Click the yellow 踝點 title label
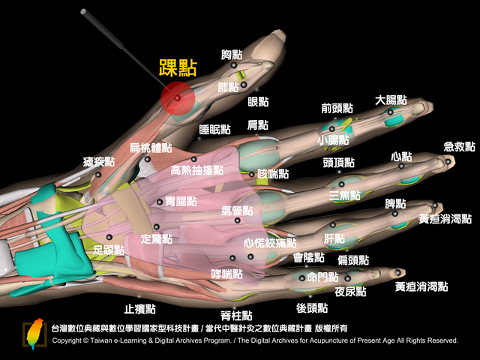point(178,68)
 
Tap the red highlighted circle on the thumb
point(178,98)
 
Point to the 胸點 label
point(232,55)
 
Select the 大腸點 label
point(391,100)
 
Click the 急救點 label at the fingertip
point(459,147)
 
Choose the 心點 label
point(401,157)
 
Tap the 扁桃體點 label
point(150,148)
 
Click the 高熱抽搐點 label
point(196,170)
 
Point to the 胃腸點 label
point(181,202)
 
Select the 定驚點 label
point(157,238)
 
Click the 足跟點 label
point(108,250)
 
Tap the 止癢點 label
point(140,309)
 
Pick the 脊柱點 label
point(236,315)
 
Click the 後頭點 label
point(312,308)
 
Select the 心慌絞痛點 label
point(270,243)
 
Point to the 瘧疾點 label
point(98,162)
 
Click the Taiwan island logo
point(34,334)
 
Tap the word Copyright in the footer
point(67,340)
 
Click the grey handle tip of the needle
point(83,12)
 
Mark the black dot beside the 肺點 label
point(244,85)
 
